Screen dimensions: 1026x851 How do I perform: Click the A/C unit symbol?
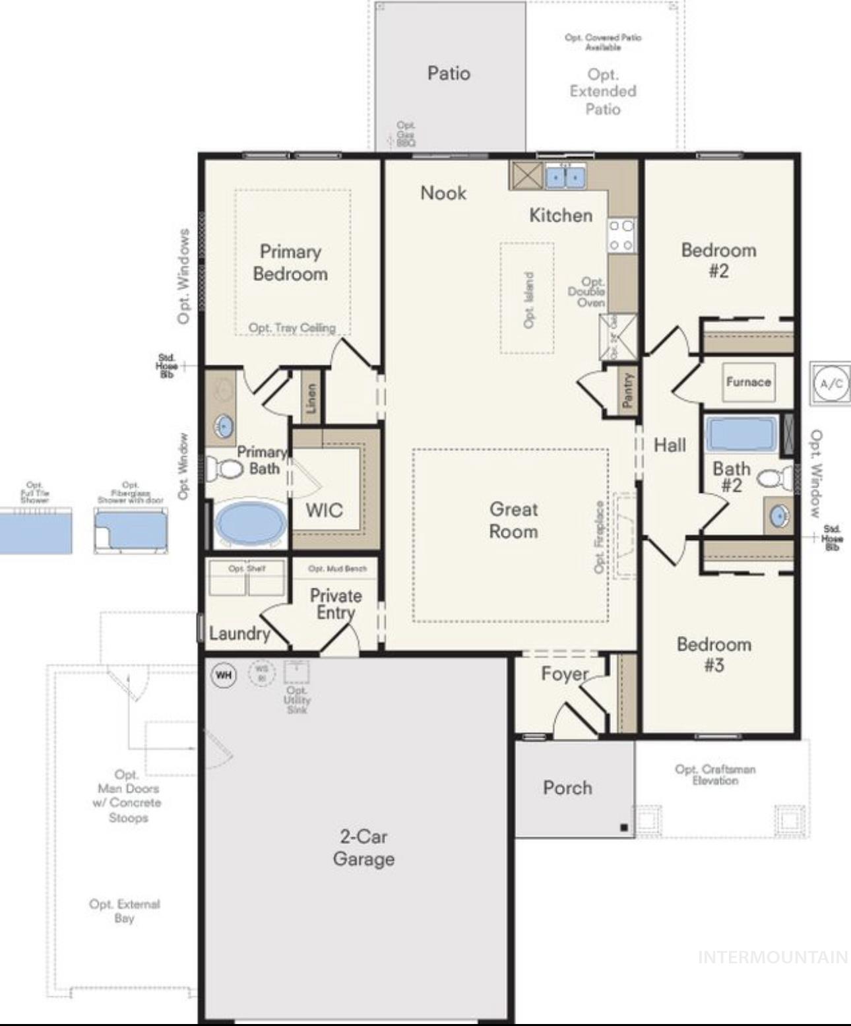(831, 383)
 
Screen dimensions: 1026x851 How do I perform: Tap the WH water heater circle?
(224, 675)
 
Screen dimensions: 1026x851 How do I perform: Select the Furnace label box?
(748, 382)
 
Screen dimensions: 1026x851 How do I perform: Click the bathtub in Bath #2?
(741, 433)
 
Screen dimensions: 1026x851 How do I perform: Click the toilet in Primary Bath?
(226, 469)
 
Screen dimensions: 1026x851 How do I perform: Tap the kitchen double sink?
(565, 177)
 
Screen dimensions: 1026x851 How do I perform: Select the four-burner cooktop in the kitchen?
(621, 236)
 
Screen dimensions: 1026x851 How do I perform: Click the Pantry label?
(629, 389)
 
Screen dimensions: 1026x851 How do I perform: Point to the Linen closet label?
(311, 398)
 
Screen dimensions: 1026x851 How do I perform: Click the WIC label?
(324, 510)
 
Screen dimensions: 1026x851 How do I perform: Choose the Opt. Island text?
(528, 300)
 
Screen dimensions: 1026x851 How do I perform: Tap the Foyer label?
(565, 674)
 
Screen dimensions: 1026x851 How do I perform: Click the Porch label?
(567, 787)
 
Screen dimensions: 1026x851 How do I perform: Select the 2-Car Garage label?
(363, 848)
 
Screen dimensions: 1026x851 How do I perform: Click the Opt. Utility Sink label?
(297, 699)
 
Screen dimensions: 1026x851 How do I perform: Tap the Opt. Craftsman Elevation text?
(715, 775)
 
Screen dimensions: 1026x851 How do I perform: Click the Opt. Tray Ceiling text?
(292, 328)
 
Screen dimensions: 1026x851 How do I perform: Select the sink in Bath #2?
(779, 516)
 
